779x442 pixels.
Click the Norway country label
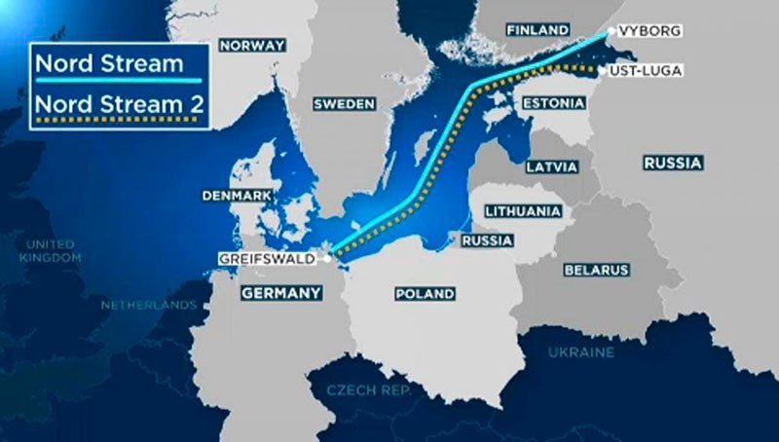pyautogui.click(x=252, y=45)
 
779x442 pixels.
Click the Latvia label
pyautogui.click(x=552, y=166)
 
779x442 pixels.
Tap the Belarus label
pyautogui.click(x=596, y=270)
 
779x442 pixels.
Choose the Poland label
pyautogui.click(x=425, y=293)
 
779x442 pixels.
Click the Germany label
pyautogui.click(x=280, y=292)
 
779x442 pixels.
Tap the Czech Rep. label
pyautogui.click(x=359, y=390)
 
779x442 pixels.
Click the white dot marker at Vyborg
pyautogui.click(x=611, y=31)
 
